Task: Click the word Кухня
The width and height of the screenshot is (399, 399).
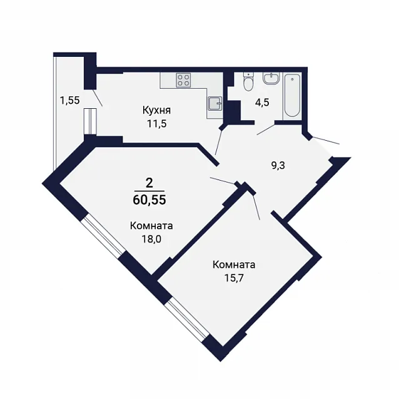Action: click(156, 111)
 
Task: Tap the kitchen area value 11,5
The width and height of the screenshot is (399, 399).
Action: click(156, 124)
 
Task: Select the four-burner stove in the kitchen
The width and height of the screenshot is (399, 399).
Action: click(183, 79)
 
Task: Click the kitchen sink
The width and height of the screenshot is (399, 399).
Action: click(215, 104)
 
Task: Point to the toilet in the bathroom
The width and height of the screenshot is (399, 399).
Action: click(248, 81)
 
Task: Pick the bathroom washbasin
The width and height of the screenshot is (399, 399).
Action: click(271, 78)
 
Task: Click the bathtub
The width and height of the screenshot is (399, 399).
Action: click(292, 96)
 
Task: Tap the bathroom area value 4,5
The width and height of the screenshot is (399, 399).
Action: click(262, 103)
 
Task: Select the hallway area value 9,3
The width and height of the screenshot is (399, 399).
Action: click(278, 166)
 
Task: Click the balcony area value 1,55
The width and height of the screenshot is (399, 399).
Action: click(69, 101)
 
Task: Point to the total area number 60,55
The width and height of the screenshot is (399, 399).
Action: click(149, 199)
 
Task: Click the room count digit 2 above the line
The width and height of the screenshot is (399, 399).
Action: click(149, 183)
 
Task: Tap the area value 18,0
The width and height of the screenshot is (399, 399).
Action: click(152, 239)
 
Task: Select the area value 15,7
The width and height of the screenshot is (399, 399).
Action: click(234, 278)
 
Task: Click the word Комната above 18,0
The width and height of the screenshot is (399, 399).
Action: click(151, 226)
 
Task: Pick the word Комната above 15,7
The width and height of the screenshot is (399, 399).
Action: click(234, 265)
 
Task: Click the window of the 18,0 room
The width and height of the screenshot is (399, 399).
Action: click(104, 235)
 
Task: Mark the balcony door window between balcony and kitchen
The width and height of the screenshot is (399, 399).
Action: click(91, 121)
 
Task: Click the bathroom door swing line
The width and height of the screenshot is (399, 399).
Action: click(266, 129)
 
